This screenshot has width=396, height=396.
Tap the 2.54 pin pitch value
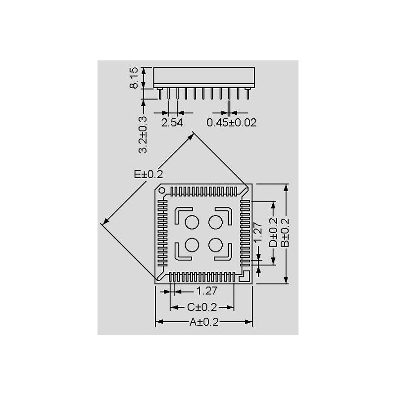(x=172, y=122)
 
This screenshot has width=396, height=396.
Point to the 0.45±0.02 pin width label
(x=232, y=122)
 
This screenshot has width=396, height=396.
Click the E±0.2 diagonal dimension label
(x=148, y=174)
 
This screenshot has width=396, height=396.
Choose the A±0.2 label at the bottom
(x=204, y=322)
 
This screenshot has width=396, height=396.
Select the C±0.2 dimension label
(x=202, y=307)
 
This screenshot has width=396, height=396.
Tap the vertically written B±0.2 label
(x=285, y=233)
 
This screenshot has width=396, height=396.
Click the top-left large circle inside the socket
(x=192, y=222)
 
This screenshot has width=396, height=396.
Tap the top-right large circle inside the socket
(x=215, y=222)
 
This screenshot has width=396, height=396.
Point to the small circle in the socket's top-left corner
(x=162, y=190)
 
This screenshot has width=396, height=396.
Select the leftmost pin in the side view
(x=160, y=93)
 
